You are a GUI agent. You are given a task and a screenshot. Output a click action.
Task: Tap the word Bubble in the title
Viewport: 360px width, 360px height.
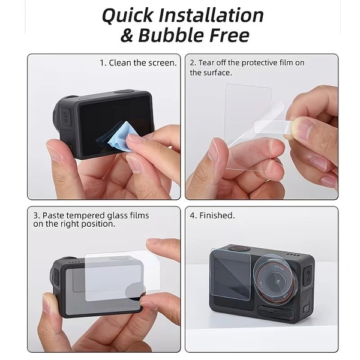(173, 35)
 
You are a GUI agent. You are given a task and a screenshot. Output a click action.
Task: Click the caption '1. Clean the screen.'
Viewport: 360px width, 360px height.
(138, 62)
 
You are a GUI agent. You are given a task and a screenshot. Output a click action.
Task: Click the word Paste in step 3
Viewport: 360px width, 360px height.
(56, 215)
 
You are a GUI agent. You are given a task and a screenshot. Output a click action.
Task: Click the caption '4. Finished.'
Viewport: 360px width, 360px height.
(212, 215)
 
